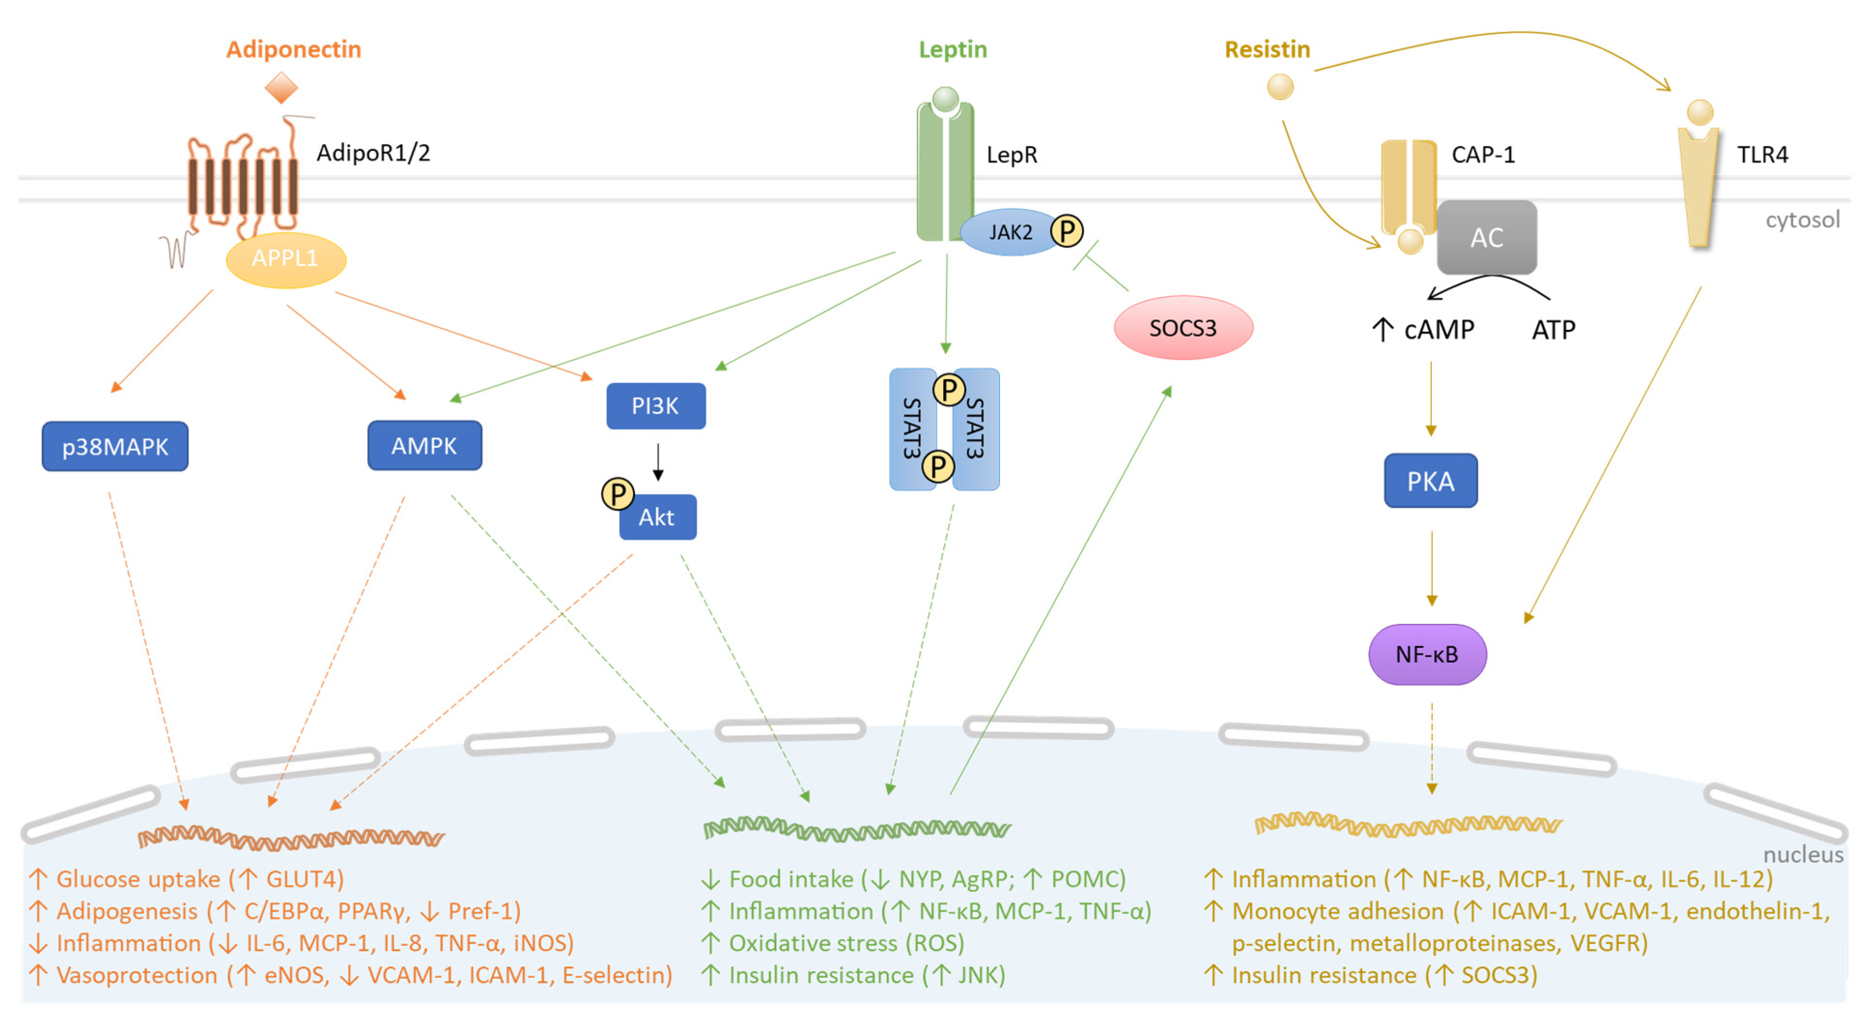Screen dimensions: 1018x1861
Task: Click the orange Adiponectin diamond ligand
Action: pyautogui.click(x=281, y=88)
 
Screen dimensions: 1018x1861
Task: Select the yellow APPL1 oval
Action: pyautogui.click(x=286, y=259)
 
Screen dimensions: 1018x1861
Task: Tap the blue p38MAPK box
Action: pyautogui.click(x=115, y=447)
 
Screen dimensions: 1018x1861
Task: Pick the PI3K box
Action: pyautogui.click(x=655, y=406)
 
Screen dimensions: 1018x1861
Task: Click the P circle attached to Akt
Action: pyautogui.click(x=618, y=494)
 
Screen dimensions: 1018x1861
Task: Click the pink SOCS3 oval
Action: pyautogui.click(x=1183, y=328)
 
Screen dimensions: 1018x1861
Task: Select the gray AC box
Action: pyautogui.click(x=1487, y=238)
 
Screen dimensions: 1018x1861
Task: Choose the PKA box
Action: pyautogui.click(x=1430, y=481)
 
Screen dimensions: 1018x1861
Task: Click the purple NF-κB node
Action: pyautogui.click(x=1427, y=654)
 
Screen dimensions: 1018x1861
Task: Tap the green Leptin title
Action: pyautogui.click(x=952, y=49)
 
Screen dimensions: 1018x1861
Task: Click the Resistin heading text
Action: pyautogui.click(x=1267, y=49)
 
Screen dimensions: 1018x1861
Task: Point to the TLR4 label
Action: pyautogui.click(x=1762, y=155)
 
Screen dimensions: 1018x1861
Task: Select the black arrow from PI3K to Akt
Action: pyautogui.click(x=657, y=463)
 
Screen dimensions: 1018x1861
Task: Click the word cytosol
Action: pyautogui.click(x=1802, y=220)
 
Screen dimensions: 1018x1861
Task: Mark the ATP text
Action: pyautogui.click(x=1553, y=330)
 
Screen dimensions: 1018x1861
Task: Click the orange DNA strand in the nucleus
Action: pyautogui.click(x=290, y=838)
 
